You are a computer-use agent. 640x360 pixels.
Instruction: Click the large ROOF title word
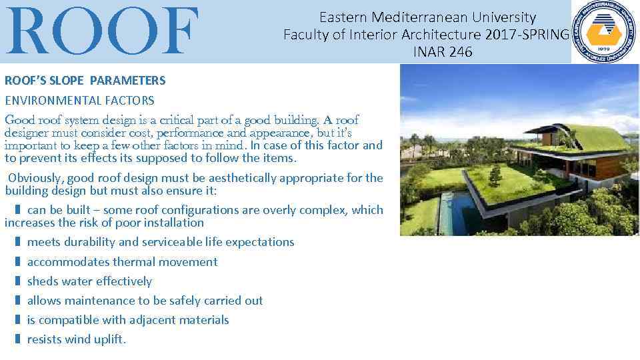tap(103, 31)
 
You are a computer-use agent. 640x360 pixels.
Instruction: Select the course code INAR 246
tap(442, 52)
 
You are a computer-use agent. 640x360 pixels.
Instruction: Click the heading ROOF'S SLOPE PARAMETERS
tap(85, 81)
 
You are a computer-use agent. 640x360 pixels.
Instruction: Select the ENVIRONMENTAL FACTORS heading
tap(79, 101)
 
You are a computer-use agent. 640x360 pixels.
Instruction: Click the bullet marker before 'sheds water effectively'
tap(17, 281)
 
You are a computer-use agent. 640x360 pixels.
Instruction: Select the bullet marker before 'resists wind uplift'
tap(17, 339)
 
